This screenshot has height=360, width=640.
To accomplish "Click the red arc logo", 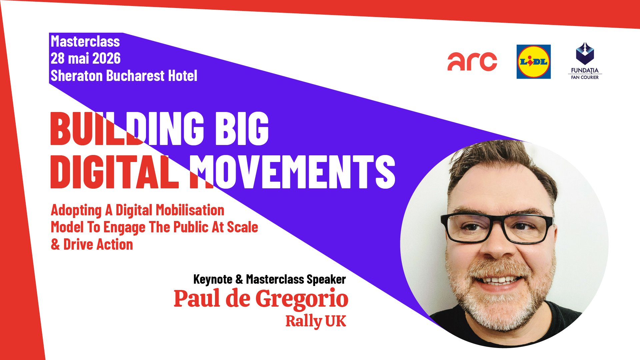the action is (x=472, y=62).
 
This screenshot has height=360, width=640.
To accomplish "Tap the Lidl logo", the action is (x=534, y=62).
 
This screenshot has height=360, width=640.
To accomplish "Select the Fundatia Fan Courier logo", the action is (x=585, y=61).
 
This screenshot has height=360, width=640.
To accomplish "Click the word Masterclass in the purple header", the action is (x=85, y=42).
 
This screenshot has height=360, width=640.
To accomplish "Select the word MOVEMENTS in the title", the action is (x=292, y=172).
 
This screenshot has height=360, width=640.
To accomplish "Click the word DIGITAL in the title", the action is (x=115, y=172).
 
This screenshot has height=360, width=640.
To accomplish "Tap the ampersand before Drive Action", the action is (x=55, y=245).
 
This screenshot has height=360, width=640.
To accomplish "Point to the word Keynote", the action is (x=213, y=279).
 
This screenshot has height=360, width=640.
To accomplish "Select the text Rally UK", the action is (x=316, y=321).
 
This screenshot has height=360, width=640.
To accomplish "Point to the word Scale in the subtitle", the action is (x=243, y=227).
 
